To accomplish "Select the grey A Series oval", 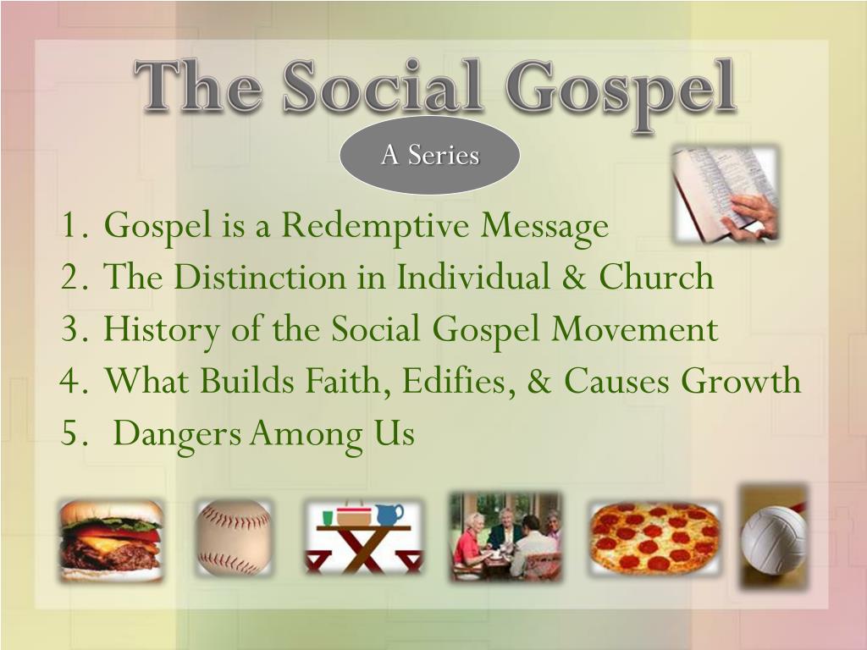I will (429, 156).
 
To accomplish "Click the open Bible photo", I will (726, 195).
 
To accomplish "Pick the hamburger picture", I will (111, 539).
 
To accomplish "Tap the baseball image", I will (234, 538).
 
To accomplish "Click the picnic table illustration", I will (363, 539).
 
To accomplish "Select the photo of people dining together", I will (505, 536).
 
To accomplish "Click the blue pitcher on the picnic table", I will (390, 514).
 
